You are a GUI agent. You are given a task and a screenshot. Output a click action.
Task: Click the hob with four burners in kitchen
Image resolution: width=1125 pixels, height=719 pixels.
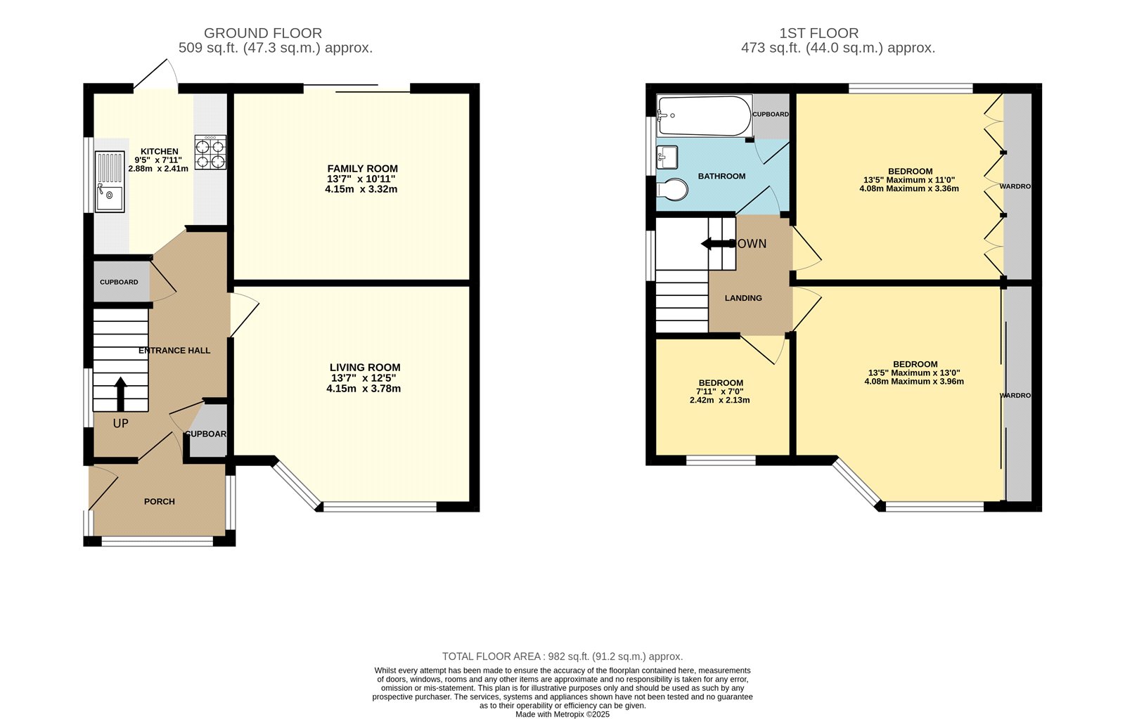pyautogui.click(x=210, y=153)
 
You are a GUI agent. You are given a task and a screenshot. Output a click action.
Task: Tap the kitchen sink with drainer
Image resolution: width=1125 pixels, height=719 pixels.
pyautogui.click(x=110, y=181)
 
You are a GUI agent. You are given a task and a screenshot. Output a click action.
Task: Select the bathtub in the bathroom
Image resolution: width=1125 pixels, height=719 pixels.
pyautogui.click(x=704, y=115)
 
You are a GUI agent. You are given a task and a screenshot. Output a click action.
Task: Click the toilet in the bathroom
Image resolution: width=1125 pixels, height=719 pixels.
pyautogui.click(x=672, y=189)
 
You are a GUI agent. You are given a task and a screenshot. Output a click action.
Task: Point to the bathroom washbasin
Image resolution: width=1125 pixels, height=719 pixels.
pyautogui.click(x=667, y=156)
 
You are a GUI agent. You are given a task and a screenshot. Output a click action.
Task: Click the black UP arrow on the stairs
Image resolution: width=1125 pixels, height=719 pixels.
pyautogui.click(x=120, y=394)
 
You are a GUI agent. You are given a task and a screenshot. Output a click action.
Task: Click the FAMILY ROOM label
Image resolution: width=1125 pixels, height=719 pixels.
pyautogui.click(x=362, y=169)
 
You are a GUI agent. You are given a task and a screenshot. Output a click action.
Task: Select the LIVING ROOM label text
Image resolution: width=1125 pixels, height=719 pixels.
pyautogui.click(x=365, y=367)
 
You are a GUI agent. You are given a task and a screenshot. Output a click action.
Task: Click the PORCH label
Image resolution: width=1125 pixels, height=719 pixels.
pyautogui.click(x=160, y=501)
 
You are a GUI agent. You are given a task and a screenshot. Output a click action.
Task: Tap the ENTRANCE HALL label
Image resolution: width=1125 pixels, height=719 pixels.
pyautogui.click(x=174, y=350)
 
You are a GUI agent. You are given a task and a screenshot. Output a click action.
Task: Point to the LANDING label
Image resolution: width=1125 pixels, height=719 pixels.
pyautogui.click(x=743, y=298)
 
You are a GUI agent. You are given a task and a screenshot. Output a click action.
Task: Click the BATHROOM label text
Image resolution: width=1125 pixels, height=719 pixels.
pyautogui.click(x=721, y=176)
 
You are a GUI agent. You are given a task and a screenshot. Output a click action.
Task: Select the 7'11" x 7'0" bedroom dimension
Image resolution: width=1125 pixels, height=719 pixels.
pyautogui.click(x=719, y=391)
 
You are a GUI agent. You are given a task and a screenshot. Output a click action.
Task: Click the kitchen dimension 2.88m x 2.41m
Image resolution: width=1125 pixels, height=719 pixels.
pyautogui.click(x=158, y=169)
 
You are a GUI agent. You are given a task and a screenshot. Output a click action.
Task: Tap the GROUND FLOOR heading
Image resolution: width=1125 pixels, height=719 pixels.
pyautogui.click(x=263, y=33)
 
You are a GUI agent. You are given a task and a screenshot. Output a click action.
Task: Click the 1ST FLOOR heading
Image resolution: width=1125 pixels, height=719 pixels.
pyautogui.click(x=818, y=33)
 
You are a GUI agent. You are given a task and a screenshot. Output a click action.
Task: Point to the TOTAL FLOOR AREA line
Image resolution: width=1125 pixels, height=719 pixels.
pyautogui.click(x=562, y=656)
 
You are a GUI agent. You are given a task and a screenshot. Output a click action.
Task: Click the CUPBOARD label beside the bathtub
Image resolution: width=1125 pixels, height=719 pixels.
pyautogui.click(x=771, y=114)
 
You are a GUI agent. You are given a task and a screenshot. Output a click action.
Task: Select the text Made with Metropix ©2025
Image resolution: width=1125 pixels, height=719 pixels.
pyautogui.click(x=562, y=714)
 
